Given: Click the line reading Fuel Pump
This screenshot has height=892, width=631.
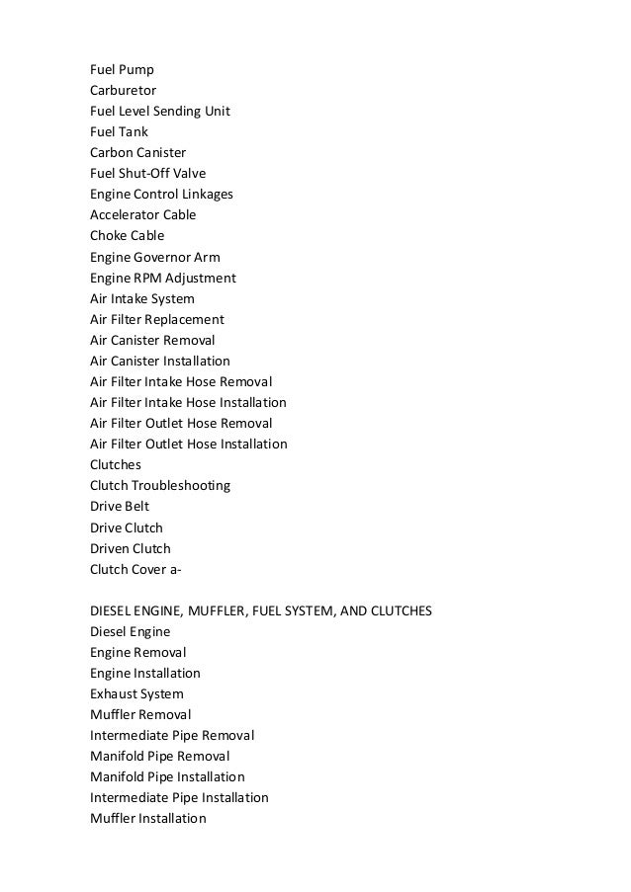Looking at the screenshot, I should [122, 69].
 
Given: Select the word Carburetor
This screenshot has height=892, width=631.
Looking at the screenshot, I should [123, 90].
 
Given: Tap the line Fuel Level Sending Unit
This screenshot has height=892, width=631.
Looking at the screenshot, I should [159, 111].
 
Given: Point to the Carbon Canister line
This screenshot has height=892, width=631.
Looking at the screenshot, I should [137, 152].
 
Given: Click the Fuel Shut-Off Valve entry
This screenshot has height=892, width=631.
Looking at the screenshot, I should [147, 173].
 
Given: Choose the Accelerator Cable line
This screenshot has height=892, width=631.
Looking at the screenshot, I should [142, 214].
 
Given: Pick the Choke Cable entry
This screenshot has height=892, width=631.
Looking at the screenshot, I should [127, 236].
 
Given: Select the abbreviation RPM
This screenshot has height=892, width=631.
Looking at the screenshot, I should [148, 278].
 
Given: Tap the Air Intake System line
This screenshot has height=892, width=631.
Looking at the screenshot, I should [141, 298].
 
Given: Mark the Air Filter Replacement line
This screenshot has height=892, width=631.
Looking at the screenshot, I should [156, 319].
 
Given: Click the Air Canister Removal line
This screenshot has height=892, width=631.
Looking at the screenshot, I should [151, 340].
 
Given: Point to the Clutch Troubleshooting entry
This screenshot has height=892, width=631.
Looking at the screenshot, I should [159, 486].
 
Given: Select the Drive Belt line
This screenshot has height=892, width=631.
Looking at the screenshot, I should [120, 507].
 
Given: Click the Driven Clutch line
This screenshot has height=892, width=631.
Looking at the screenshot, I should [130, 548].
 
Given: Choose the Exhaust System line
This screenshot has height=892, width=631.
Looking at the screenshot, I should [136, 693].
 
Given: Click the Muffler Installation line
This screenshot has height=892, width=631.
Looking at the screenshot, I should [147, 818].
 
